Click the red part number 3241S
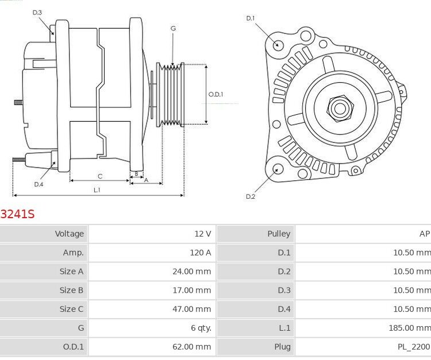pos(17,214)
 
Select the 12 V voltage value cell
pos(202,234)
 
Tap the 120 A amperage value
pos(199,253)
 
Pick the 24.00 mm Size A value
pos(191,272)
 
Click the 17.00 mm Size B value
pos(191,290)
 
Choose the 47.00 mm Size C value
pos(191,309)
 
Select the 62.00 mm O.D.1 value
pos(191,347)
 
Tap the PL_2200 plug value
pos(414,347)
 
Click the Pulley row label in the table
pos(279,234)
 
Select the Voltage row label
pos(69,234)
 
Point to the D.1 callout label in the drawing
pos(250,18)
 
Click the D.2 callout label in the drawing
pos(250,196)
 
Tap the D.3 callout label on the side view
pos(37,13)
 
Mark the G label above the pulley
pos(173,29)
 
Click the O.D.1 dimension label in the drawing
pos(215,94)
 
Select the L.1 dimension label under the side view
pos(97,189)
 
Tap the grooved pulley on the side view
pos(171,95)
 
